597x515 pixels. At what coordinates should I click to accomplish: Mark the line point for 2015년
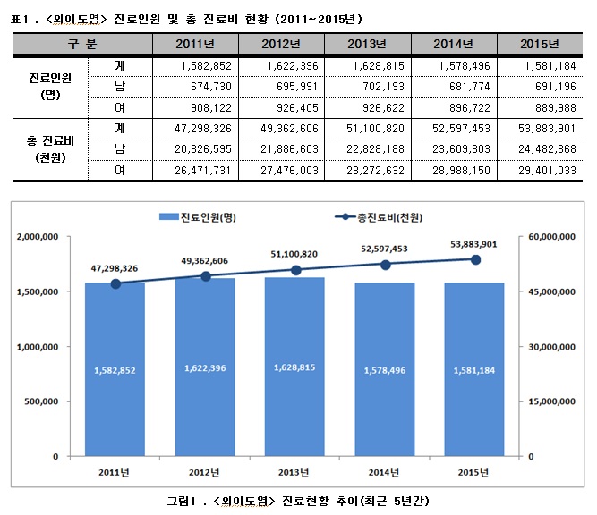tap(475, 259)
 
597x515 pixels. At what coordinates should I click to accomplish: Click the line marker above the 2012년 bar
tap(205, 276)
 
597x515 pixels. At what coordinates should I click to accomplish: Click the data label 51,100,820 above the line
tap(295, 254)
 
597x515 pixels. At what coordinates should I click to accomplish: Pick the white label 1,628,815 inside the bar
tap(295, 368)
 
